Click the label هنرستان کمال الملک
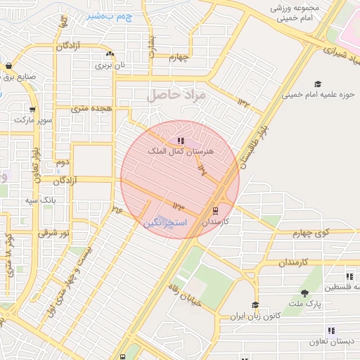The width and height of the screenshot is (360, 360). click(x=181, y=151)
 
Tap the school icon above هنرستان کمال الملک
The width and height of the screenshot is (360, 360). click(x=181, y=141)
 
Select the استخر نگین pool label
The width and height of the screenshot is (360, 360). click(x=165, y=222)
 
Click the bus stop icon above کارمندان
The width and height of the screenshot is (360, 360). click(x=215, y=210)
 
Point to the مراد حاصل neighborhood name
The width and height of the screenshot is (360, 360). click(x=176, y=94)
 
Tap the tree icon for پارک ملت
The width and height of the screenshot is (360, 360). click(x=304, y=293)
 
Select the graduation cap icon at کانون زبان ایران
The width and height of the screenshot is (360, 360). click(x=255, y=305)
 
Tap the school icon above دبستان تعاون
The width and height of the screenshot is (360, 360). click(x=330, y=330)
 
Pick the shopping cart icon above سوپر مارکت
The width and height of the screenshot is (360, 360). click(x=32, y=110)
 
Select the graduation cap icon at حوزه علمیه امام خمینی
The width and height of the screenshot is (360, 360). click(x=317, y=83)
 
